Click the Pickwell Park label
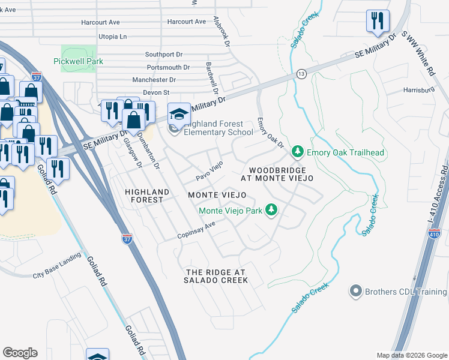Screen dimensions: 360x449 point(78,61)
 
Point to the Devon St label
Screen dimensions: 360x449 point(156,92)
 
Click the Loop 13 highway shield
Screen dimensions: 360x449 point(301,74)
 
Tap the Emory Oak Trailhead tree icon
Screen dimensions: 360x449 point(296,152)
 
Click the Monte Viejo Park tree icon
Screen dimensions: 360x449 point(272,209)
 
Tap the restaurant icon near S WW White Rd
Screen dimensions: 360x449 point(378,21)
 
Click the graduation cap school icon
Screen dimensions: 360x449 point(179,113)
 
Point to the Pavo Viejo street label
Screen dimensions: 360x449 point(211,170)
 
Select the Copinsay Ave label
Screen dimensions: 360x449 point(196,231)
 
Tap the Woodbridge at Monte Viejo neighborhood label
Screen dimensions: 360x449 point(277,175)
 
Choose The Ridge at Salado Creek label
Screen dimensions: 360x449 point(216,276)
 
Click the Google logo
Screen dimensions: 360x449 point(20,353)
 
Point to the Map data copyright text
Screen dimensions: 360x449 point(411,355)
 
